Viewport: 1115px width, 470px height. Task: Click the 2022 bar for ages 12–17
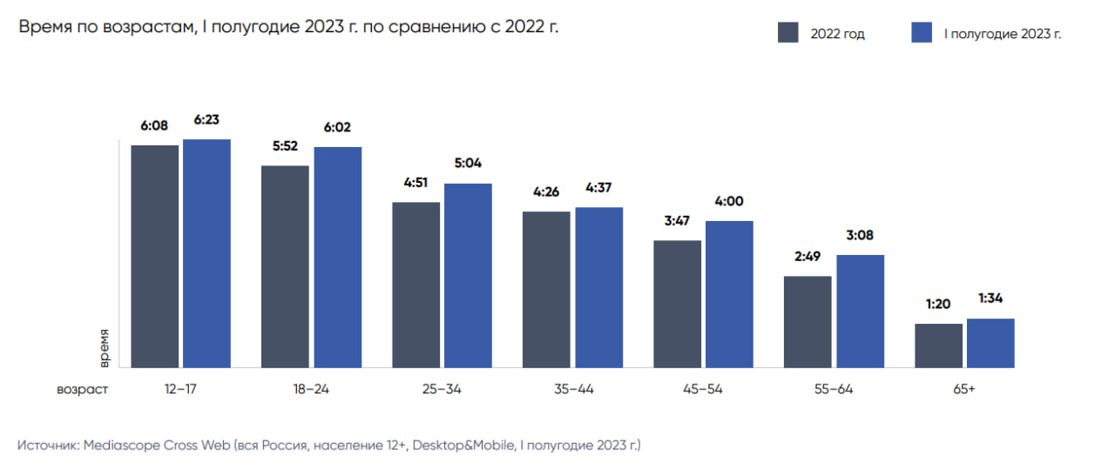(x=155, y=256)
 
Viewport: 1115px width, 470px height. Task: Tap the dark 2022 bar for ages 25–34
(x=416, y=285)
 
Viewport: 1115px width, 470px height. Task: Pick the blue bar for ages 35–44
(x=598, y=287)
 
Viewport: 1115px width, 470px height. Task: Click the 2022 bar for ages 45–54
(x=677, y=304)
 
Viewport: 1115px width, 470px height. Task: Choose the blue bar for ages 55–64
(x=860, y=311)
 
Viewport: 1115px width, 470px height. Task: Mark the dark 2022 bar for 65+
(x=938, y=346)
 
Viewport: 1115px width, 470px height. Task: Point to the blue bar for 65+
(x=990, y=343)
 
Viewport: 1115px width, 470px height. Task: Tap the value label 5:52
(x=285, y=147)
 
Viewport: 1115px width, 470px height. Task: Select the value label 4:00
(x=729, y=202)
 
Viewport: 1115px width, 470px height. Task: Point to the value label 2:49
(x=808, y=258)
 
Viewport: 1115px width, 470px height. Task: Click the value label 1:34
(x=990, y=299)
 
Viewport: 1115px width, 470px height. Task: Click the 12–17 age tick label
(x=180, y=389)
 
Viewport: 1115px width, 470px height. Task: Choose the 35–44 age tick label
(x=572, y=389)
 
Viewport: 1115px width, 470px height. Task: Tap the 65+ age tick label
(x=964, y=389)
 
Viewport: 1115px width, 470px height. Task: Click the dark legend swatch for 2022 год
(x=787, y=33)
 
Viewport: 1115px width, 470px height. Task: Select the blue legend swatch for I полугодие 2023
(x=922, y=33)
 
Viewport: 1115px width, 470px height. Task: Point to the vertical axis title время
(x=104, y=346)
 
